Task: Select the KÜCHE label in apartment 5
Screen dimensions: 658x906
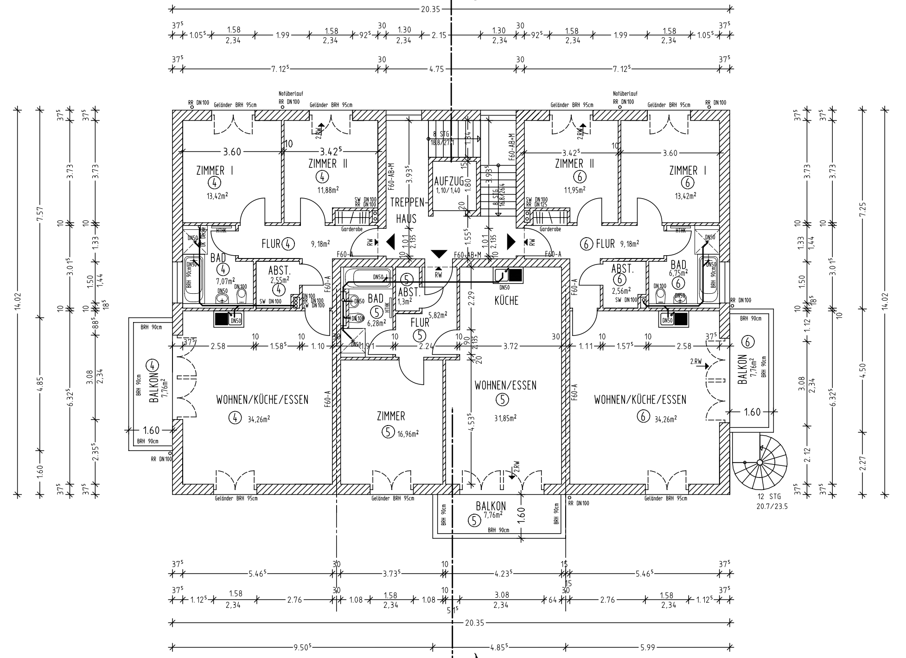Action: [506, 301]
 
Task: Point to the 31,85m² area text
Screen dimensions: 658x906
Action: [505, 418]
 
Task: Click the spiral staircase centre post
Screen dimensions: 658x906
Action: [759, 462]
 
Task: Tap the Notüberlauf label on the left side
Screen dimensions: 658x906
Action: [290, 94]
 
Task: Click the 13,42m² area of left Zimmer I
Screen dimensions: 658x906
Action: [217, 196]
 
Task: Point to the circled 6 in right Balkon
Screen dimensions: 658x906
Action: [747, 342]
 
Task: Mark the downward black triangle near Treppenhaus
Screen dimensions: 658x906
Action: [438, 254]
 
